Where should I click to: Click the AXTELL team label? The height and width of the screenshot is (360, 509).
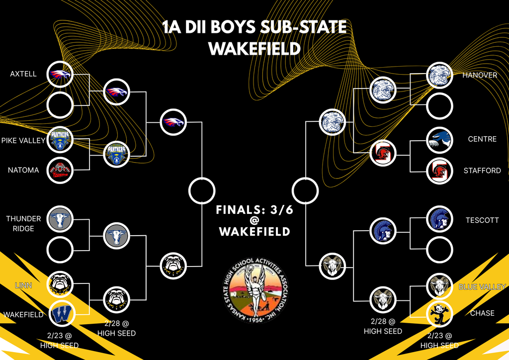(23, 74)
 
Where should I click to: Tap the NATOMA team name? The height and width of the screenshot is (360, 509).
(23, 170)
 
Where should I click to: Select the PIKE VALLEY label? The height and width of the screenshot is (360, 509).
(23, 141)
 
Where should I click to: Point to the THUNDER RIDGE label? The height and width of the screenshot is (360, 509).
(23, 223)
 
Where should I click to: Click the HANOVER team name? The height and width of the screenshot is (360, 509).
(480, 75)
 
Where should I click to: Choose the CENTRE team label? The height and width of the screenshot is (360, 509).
(482, 139)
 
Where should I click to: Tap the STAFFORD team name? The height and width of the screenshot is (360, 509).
(482, 170)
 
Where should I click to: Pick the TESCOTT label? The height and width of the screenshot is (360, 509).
(482, 220)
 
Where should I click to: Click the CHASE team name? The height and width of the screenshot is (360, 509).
(482, 313)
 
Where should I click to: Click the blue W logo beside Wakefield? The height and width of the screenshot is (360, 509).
(60, 313)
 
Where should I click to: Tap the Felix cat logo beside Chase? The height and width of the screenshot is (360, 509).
(440, 314)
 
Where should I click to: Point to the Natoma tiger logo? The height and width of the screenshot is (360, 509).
(60, 171)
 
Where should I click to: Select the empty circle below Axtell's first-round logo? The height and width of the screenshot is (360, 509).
(60, 105)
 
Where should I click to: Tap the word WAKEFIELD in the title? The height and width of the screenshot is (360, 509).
(254, 49)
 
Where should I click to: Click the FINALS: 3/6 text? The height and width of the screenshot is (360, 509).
(254, 210)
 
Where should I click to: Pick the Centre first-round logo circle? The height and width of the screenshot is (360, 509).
(440, 140)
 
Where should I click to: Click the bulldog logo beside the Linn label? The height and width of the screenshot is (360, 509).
(60, 284)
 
